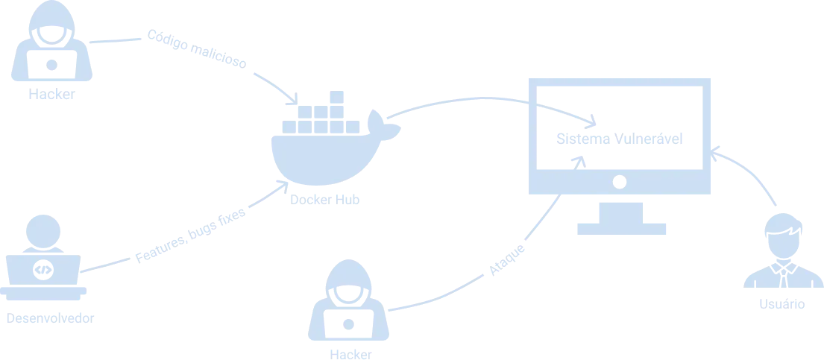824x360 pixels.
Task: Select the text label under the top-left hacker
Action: tap(51, 95)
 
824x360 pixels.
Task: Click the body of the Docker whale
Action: tap(321, 153)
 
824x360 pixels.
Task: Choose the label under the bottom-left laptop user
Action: tap(51, 320)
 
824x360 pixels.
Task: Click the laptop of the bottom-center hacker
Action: tap(348, 325)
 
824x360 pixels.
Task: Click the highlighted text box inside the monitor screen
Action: tap(619, 139)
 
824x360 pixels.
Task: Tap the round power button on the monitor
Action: tap(617, 181)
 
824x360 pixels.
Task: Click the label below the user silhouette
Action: tap(781, 304)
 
